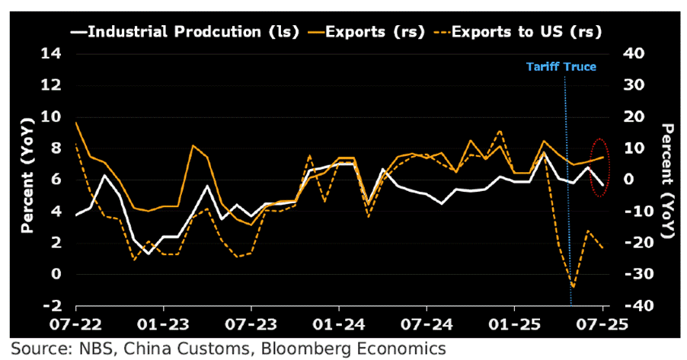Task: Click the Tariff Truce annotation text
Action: [561, 67]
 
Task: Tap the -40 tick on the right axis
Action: [633, 306]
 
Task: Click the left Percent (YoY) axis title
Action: [27, 180]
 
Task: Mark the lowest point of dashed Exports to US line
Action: [573, 288]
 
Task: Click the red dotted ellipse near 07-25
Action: [600, 167]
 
